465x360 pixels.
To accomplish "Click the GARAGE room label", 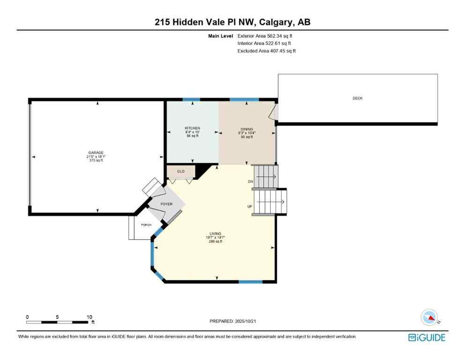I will point(96,152).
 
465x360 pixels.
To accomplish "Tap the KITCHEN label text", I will point(192,128).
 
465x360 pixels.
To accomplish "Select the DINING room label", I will point(247,129).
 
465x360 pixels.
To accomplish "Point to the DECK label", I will point(358,98).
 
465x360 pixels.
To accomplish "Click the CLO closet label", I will point(181,172).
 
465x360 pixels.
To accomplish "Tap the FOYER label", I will point(167,204).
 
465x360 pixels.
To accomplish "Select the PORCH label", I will point(146,225).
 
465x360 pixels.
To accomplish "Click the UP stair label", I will point(250,207).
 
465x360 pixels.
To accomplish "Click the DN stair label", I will point(251,181).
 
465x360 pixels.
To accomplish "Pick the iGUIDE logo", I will point(427,337).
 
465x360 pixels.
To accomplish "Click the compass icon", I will point(429,318).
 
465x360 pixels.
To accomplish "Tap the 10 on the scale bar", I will point(89,317).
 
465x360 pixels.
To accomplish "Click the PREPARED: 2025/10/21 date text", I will point(233,321).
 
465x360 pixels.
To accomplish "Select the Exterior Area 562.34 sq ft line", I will point(266,36).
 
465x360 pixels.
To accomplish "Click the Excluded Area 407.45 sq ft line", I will point(266,51).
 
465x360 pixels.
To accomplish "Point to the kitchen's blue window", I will point(191,99).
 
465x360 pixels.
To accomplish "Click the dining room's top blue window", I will point(244,99).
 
